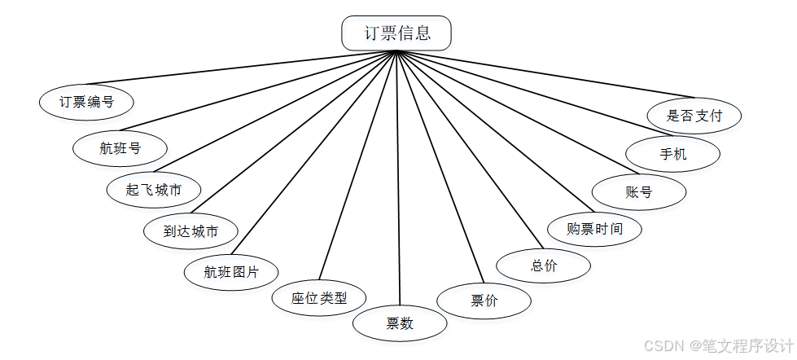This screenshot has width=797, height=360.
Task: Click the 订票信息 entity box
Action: [x=396, y=33]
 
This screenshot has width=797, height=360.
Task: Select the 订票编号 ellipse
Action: [x=86, y=102]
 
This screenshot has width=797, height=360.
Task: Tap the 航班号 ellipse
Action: [x=120, y=148]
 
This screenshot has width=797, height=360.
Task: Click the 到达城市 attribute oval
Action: [x=190, y=231]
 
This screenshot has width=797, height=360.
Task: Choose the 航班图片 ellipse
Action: [x=231, y=272]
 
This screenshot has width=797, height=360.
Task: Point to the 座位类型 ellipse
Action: [x=319, y=298]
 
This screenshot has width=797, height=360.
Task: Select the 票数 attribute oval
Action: [x=400, y=323]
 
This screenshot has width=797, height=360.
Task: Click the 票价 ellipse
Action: [x=484, y=301]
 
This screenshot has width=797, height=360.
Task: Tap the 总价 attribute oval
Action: [x=543, y=266]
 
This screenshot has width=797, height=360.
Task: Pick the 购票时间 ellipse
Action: [x=594, y=229]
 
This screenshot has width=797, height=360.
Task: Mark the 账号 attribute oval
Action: [x=639, y=192]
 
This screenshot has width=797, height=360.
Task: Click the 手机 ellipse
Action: [x=672, y=153]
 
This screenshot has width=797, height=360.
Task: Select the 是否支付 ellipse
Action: [x=694, y=115]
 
